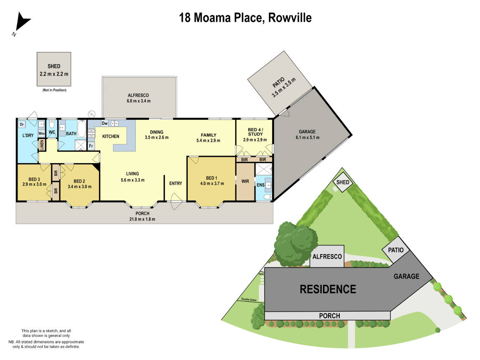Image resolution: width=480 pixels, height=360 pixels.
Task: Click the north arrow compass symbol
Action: [21, 24]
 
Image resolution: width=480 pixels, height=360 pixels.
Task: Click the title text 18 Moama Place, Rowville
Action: [245, 18]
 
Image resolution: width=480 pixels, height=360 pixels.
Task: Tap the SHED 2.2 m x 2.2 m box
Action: [53, 69]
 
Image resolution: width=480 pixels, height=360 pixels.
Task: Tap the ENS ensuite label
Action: [260, 184]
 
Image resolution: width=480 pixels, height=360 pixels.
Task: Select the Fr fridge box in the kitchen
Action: [91, 146]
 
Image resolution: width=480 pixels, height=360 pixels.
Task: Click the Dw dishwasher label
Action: [104, 123]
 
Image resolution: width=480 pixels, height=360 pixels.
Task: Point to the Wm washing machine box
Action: [41, 133]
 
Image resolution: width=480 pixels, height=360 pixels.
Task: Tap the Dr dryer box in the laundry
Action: [22, 124]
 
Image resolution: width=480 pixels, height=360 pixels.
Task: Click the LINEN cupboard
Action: [42, 145]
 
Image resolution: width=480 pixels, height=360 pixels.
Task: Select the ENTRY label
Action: [175, 184]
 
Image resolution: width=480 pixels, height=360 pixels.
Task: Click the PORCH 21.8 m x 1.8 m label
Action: [143, 216]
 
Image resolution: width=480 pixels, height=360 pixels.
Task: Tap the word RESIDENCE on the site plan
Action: [328, 289]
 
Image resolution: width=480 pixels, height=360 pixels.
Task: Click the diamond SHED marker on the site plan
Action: [343, 182]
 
